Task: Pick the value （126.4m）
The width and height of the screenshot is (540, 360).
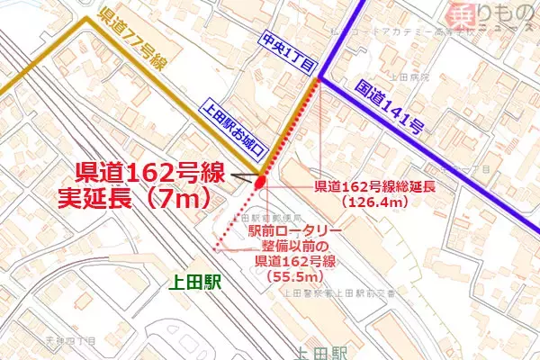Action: [376, 203]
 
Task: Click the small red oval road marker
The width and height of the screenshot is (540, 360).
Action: [261, 183]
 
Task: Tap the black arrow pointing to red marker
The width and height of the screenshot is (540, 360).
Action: [244, 175]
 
